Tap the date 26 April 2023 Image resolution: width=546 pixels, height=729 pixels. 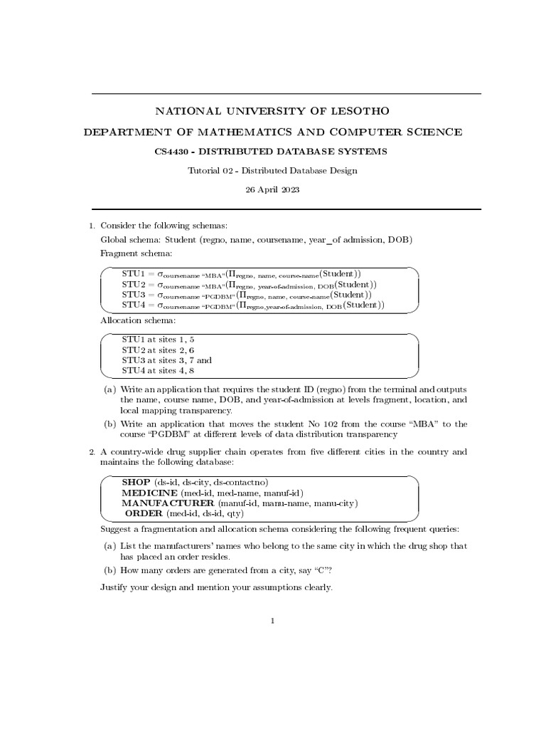click(272, 190)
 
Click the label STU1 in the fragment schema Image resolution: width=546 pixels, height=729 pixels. click(133, 273)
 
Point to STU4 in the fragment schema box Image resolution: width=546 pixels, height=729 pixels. click(133, 305)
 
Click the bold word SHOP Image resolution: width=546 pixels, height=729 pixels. click(136, 482)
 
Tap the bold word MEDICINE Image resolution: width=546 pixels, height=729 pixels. click(149, 493)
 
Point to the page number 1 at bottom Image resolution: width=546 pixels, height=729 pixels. click(272, 621)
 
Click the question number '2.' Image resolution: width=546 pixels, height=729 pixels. click(92, 452)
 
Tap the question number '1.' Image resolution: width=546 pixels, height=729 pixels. click(92, 226)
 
